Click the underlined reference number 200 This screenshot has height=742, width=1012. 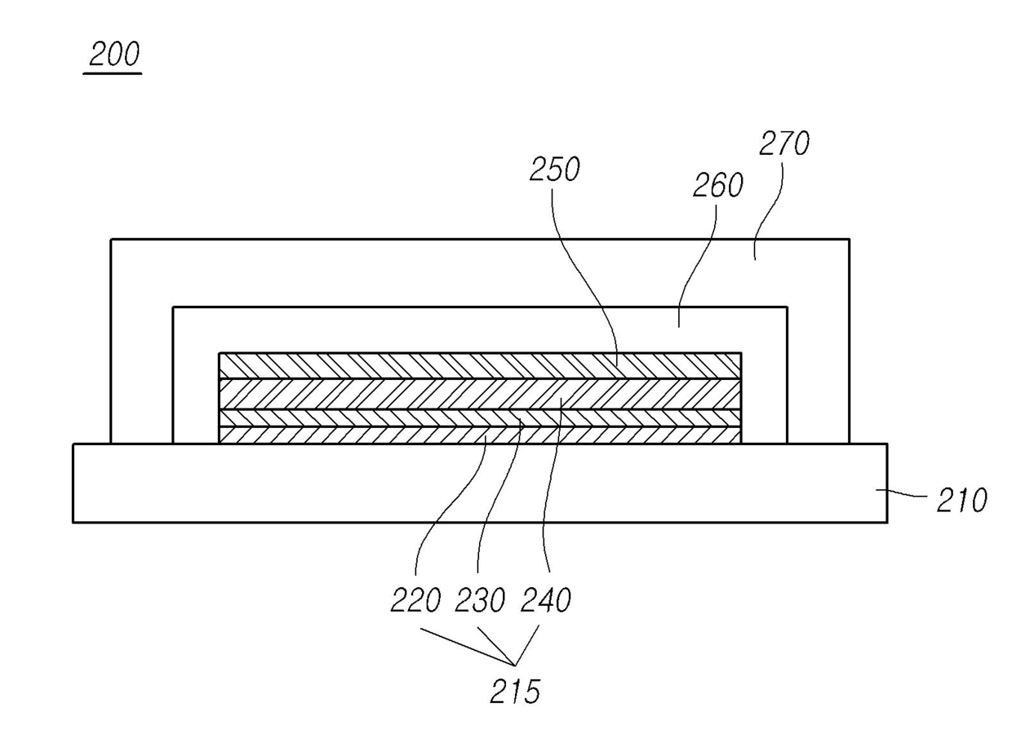click(113, 55)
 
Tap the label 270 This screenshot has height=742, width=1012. click(783, 144)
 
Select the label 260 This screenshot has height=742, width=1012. click(717, 186)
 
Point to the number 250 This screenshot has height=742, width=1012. click(554, 170)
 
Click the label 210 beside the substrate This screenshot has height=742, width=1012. click(961, 500)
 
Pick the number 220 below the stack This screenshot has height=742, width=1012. click(415, 601)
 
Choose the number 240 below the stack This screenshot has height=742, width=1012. click(545, 601)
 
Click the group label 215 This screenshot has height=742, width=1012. click(514, 692)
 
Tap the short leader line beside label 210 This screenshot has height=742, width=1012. click(906, 492)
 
